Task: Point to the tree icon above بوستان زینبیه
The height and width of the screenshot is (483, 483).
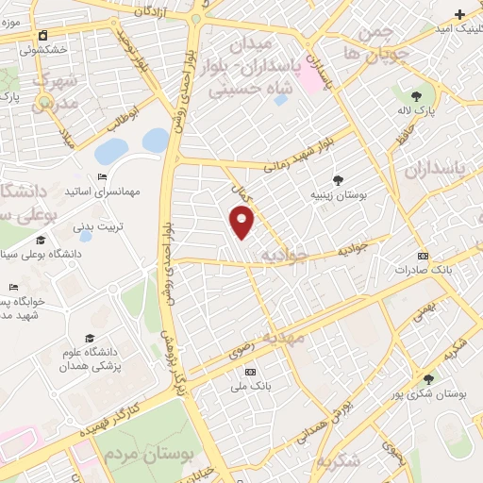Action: (x=338, y=179)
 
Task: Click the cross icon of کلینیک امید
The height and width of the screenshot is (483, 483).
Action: (x=459, y=14)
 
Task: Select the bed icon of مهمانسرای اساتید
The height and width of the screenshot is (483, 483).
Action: (x=103, y=176)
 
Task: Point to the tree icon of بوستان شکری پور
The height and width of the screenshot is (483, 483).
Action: (x=429, y=379)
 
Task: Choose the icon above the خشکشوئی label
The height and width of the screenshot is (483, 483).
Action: (x=42, y=37)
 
